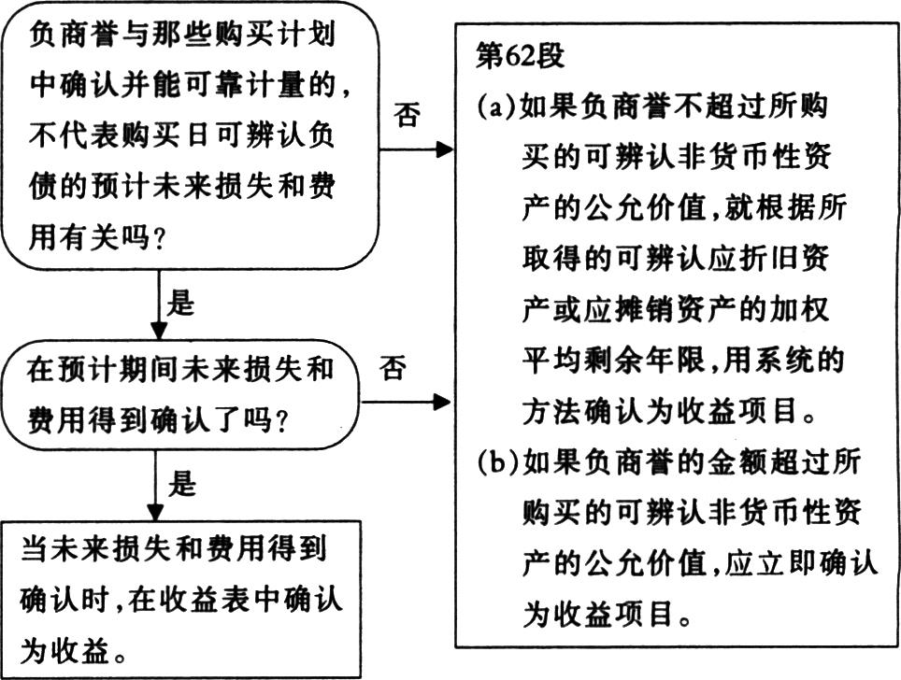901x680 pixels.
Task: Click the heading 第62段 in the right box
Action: point(520,57)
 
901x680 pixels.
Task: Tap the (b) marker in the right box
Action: point(497,463)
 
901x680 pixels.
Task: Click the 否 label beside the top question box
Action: point(407,114)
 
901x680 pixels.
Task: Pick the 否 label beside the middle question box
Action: point(393,367)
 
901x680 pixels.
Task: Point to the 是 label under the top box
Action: point(180,303)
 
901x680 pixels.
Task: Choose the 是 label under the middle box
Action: point(181,483)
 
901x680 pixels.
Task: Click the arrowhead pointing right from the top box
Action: point(444,149)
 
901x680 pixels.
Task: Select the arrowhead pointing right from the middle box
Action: point(441,402)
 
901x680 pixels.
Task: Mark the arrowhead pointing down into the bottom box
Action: point(155,512)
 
